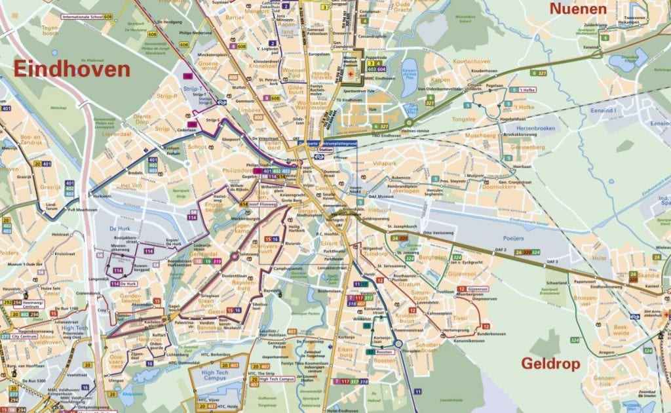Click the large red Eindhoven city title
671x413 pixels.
pyautogui.click(x=72, y=69)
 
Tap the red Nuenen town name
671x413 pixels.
pyautogui.click(x=578, y=9)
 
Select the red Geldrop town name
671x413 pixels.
pyautogui.click(x=552, y=364)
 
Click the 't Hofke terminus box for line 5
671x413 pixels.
pyautogui.click(x=528, y=90)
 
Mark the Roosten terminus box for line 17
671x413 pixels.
pyautogui.click(x=386, y=352)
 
